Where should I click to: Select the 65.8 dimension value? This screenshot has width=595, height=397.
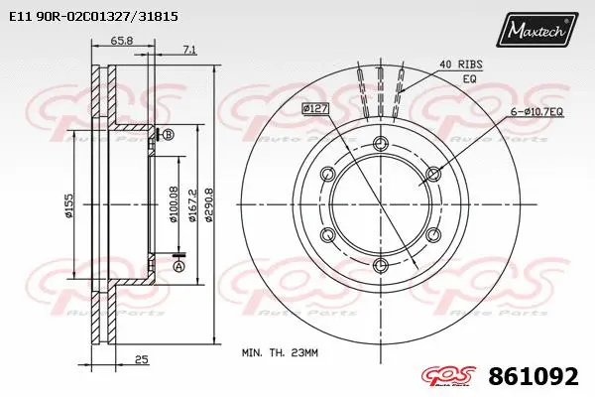pos(122,41)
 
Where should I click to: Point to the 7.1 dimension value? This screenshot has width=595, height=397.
pos(190,49)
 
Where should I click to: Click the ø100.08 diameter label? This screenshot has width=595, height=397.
pos(175,203)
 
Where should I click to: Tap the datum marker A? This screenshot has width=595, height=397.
pos(178,265)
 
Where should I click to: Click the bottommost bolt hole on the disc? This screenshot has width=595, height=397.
pos(380,264)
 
